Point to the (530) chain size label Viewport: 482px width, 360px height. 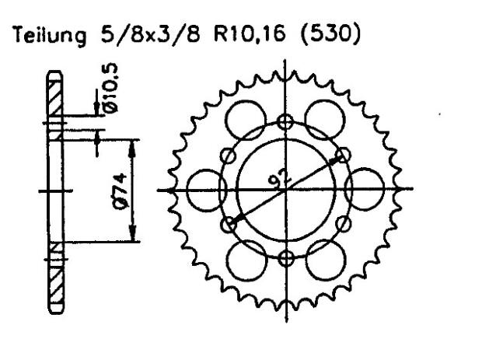coord(334,36)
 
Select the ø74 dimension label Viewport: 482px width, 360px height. coord(116,190)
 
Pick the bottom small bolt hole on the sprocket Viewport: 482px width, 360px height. coord(287,258)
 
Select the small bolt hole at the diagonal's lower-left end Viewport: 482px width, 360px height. coord(228,225)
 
